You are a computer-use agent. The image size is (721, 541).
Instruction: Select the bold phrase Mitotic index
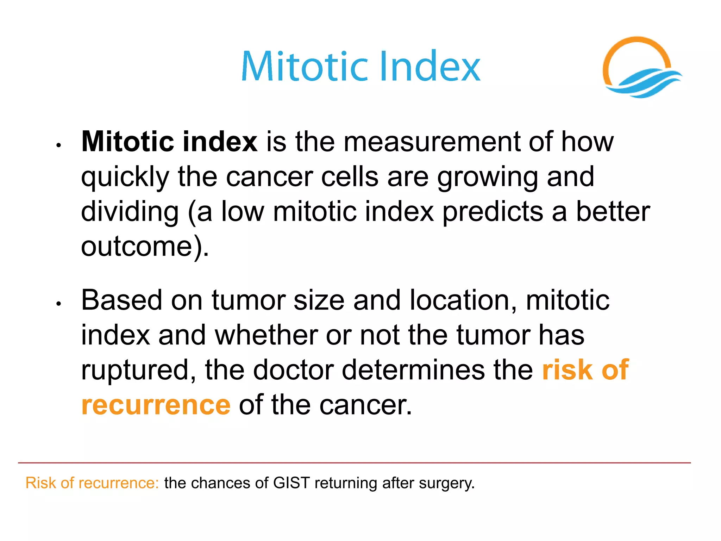coord(169,142)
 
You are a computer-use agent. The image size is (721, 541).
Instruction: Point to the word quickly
coord(125,177)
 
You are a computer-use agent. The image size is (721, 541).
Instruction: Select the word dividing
coord(130,212)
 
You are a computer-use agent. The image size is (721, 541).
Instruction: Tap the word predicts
coord(493,212)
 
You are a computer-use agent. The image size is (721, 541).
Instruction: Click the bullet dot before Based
coord(59,303)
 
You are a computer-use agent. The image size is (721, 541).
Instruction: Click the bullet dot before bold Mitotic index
coord(59,145)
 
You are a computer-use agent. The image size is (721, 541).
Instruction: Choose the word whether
coord(266,335)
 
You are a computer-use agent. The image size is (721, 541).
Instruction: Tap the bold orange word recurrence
coord(156,405)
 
